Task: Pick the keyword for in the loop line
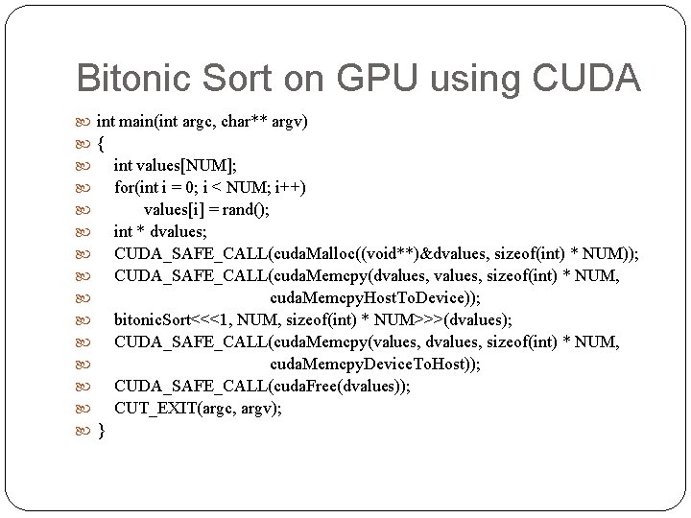(124, 187)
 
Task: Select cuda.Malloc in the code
(314, 253)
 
